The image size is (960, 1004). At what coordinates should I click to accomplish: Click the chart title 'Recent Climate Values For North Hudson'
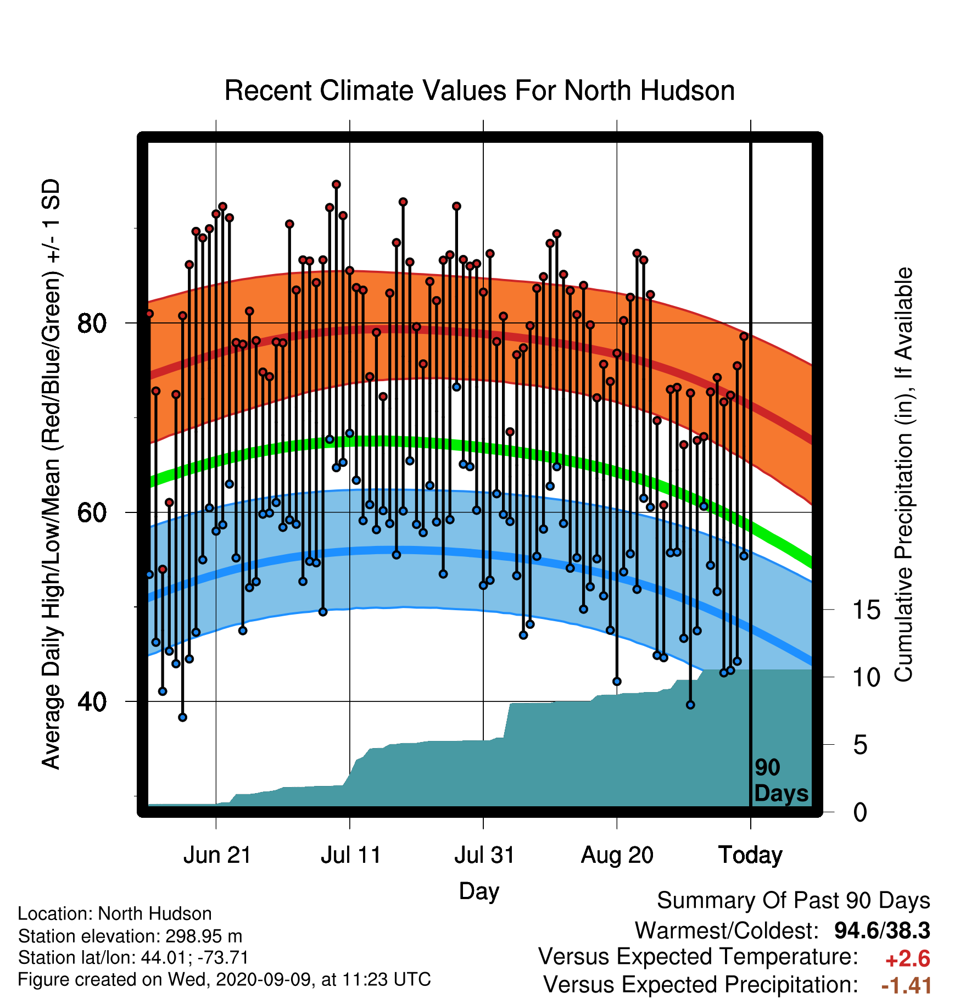point(479,91)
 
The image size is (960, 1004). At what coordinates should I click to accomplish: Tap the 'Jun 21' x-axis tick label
point(217,855)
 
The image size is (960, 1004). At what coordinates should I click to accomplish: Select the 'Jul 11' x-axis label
point(351,855)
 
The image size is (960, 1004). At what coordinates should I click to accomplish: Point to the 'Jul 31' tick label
point(484,855)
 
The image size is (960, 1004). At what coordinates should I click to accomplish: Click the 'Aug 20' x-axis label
point(617,855)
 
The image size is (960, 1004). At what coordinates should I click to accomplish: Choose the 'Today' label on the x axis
point(750,855)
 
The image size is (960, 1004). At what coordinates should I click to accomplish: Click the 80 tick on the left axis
point(92,323)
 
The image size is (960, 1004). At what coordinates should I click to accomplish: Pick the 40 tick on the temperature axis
point(92,702)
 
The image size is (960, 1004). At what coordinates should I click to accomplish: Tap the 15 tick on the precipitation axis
point(866,610)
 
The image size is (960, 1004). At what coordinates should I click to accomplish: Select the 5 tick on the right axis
point(860,745)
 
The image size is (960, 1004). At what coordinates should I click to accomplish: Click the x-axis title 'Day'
point(479,891)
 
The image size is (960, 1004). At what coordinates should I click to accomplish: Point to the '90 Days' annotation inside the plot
point(781,780)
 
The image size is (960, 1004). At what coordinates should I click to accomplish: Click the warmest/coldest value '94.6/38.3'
point(882,930)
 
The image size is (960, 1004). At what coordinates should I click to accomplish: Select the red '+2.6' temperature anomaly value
point(907,959)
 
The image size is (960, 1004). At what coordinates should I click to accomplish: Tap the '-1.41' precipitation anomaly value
point(906,985)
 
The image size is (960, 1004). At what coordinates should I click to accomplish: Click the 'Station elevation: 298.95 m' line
point(130,936)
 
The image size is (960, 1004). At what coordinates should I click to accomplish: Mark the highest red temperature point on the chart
point(336,185)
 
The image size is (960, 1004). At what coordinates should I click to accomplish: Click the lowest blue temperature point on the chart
point(183,717)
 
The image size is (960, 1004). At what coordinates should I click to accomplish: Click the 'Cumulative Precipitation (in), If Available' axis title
point(903,475)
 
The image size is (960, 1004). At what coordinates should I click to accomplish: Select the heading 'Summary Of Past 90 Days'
point(794,901)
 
